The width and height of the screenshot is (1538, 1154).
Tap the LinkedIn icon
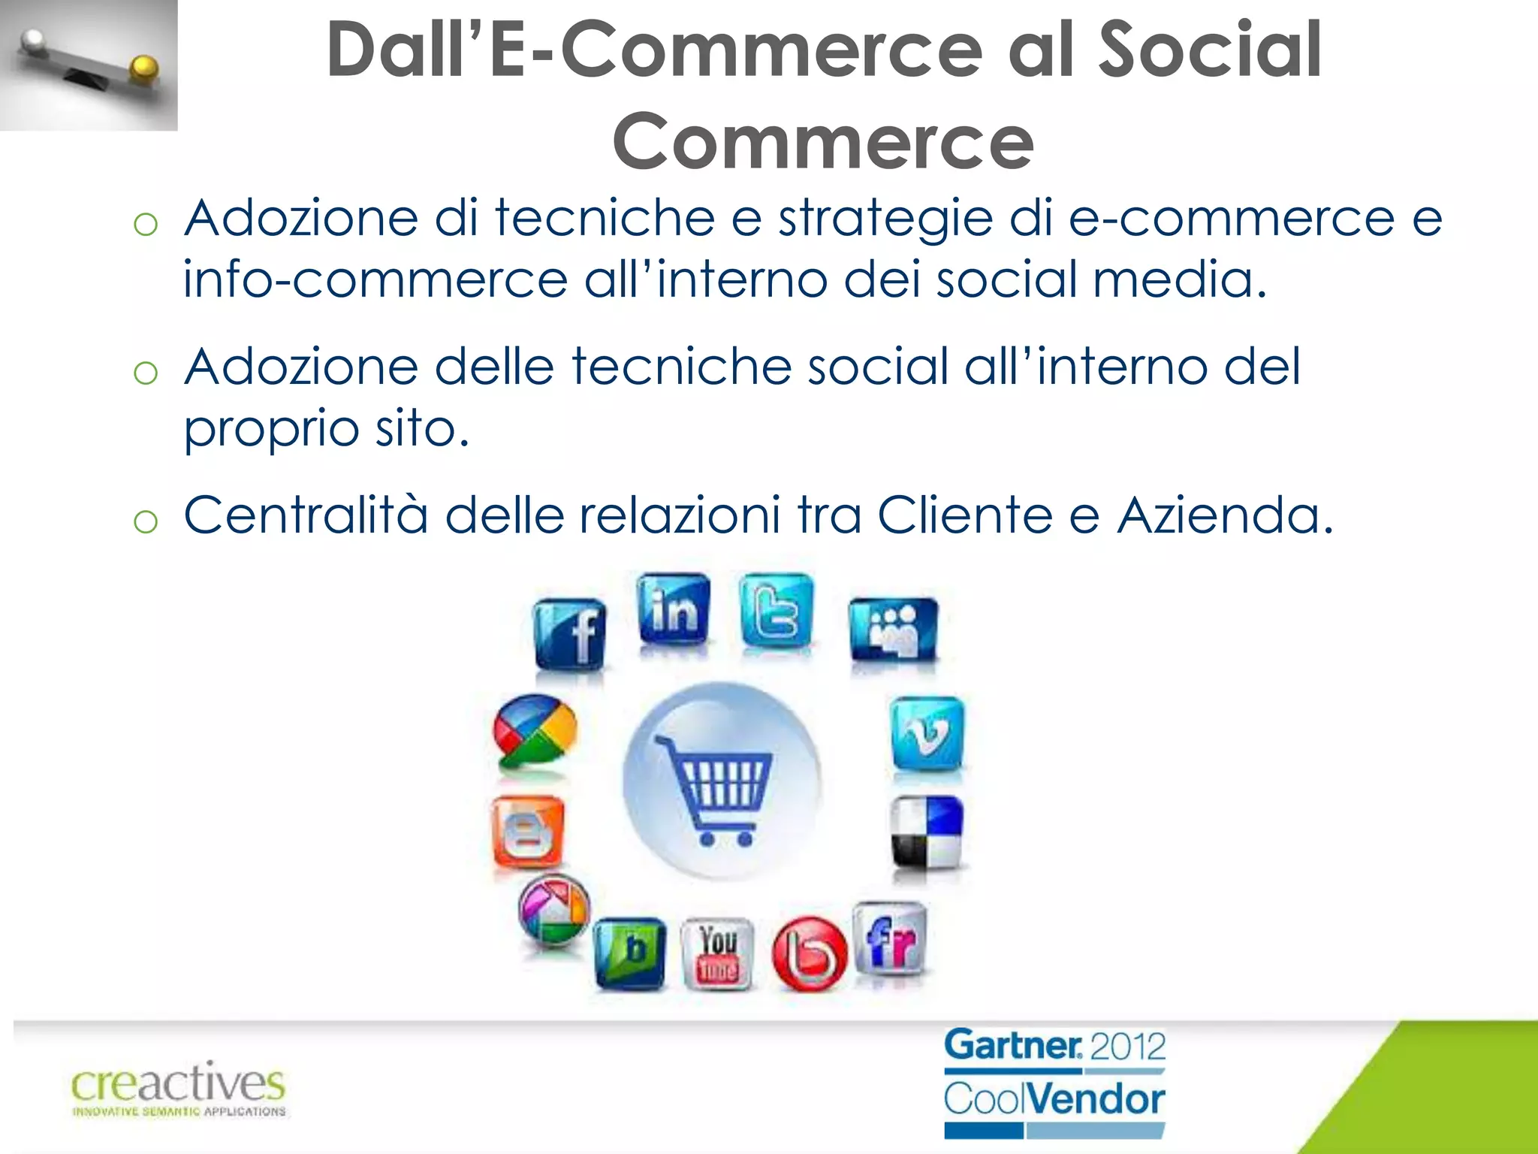(674, 609)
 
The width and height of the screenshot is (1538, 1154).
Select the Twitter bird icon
(777, 610)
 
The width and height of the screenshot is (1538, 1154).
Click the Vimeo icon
(927, 733)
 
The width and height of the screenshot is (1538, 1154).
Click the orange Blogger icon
(526, 831)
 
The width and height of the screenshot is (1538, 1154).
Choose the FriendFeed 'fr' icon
(891, 940)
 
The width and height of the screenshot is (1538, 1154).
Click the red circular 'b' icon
(809, 954)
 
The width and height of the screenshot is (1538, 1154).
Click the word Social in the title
(1210, 50)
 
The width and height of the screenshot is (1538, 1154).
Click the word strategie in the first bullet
(885, 219)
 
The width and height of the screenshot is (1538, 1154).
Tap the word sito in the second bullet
(421, 428)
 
